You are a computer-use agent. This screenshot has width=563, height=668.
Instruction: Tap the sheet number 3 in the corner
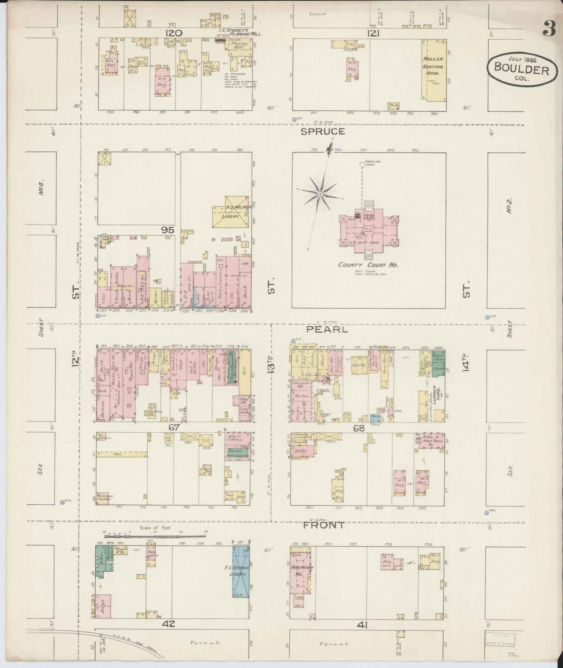click(549, 29)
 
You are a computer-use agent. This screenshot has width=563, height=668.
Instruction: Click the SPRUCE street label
click(323, 132)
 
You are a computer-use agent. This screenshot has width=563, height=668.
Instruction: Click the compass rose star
click(320, 194)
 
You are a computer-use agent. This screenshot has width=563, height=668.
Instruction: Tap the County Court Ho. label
click(368, 265)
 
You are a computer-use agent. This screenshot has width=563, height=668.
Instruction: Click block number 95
click(168, 230)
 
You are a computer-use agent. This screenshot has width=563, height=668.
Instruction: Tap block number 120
click(174, 33)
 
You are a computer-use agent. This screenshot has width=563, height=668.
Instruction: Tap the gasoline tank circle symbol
click(362, 164)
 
